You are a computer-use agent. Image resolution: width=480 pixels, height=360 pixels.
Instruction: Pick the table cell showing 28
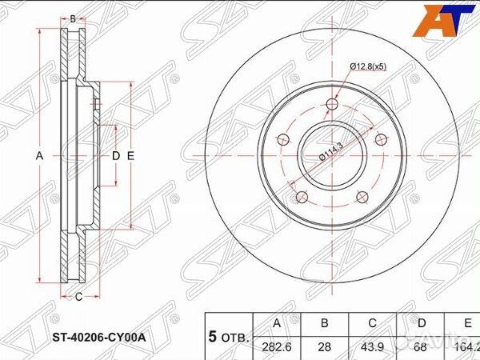coord(324,346)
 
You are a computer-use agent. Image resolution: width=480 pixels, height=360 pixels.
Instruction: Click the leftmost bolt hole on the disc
coord(282,141)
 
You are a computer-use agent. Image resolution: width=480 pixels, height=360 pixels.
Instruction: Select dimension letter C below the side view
coord(78,298)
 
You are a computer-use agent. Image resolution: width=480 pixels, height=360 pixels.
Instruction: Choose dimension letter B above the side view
coord(73,18)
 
